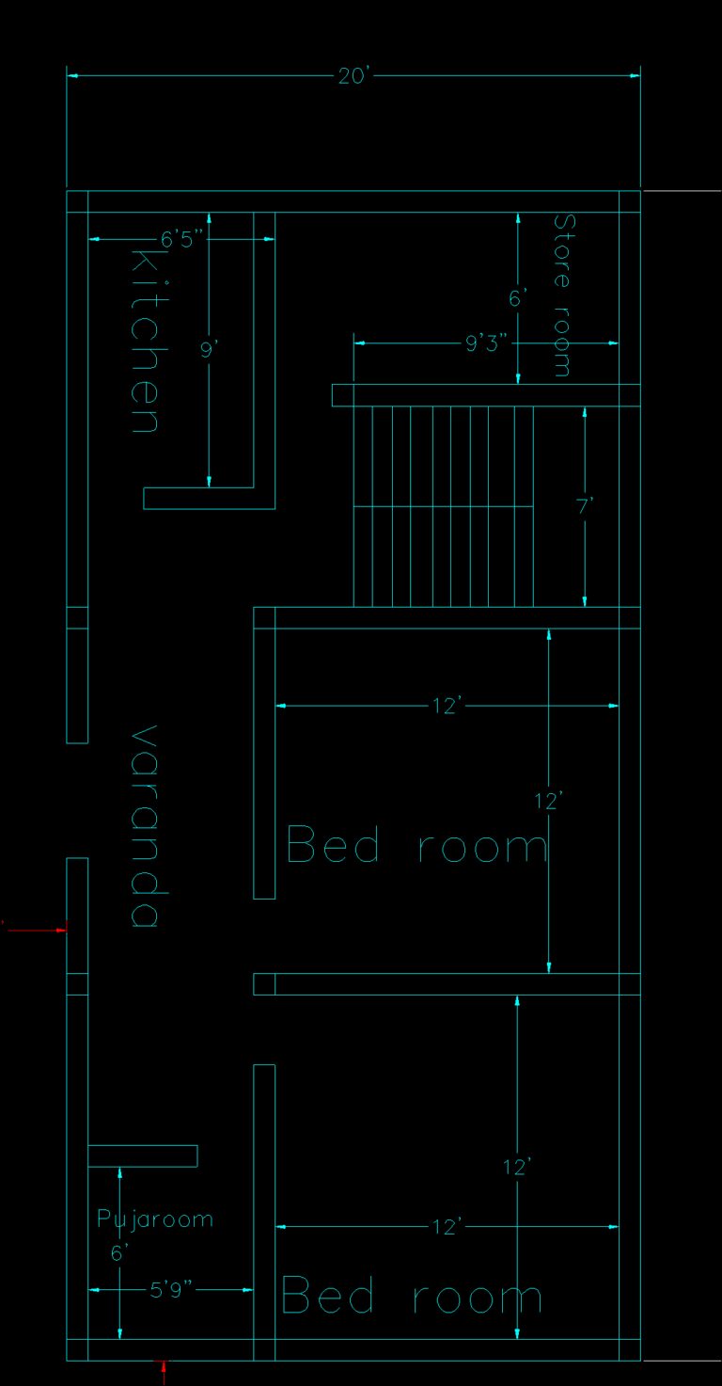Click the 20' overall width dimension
pos(353,76)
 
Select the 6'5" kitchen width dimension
pos(181,239)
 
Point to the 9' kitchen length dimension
pos(209,350)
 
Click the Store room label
pos(562,295)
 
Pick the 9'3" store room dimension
pos(486,343)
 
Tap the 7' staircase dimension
pos(585,507)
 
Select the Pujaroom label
pos(155,1219)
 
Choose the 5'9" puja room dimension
pos(171,1290)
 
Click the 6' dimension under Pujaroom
pos(119,1253)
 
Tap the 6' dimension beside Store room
pos(517,298)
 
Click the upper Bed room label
pos(417,844)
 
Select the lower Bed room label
pos(412,1295)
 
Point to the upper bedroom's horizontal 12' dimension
pos(447,706)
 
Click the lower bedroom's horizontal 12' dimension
pos(447,1226)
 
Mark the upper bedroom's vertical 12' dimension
pos(548,802)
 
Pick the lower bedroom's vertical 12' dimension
pos(517,1168)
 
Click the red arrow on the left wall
pos(36,930)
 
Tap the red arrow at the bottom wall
pos(164,1373)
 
